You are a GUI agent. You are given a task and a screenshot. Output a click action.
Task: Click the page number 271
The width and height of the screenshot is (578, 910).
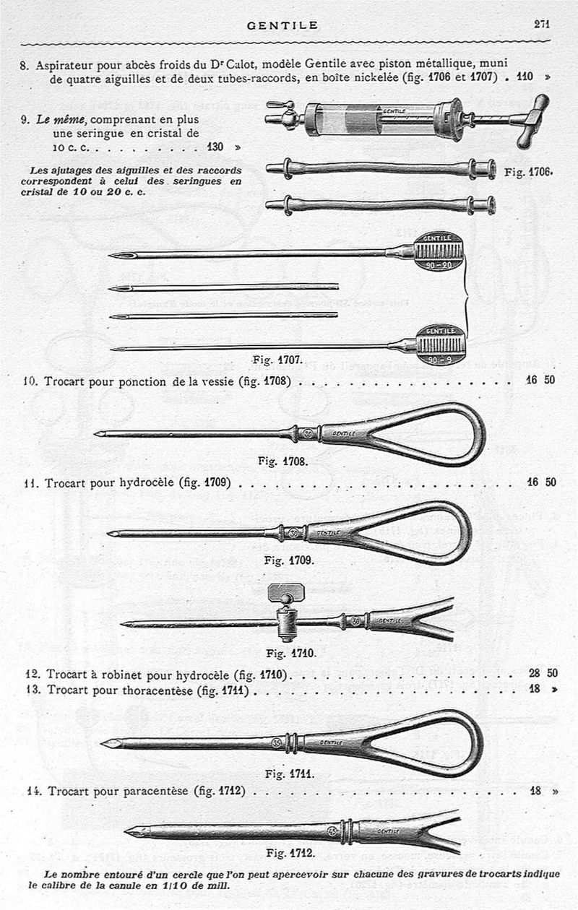[x=542, y=24]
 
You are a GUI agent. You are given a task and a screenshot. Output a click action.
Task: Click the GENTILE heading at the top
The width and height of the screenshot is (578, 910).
[x=282, y=25]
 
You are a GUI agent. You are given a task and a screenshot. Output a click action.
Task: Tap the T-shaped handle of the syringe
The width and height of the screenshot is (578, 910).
[x=533, y=121]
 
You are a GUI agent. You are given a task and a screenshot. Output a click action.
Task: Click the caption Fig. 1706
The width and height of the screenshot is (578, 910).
[x=528, y=172]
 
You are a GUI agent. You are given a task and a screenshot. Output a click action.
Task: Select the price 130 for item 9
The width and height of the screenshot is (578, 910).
[x=215, y=147]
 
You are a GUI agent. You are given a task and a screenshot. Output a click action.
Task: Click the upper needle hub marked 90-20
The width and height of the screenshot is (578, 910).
[x=439, y=251]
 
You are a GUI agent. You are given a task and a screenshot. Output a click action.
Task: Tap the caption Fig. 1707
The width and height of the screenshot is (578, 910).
[x=277, y=360]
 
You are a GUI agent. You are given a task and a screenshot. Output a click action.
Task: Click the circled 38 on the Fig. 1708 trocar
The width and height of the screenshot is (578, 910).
[x=309, y=434]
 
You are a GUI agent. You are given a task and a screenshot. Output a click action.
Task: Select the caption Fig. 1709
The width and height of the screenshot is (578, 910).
[x=289, y=560]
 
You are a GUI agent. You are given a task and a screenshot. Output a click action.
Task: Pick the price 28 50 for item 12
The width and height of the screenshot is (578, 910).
[x=543, y=673]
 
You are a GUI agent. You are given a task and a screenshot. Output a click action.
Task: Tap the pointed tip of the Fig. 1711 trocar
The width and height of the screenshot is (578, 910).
[x=102, y=744]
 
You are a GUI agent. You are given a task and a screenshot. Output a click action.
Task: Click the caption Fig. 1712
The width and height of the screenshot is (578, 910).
[x=290, y=853]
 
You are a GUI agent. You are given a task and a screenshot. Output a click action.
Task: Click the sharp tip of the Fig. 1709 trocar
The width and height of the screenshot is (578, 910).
[x=108, y=534]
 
